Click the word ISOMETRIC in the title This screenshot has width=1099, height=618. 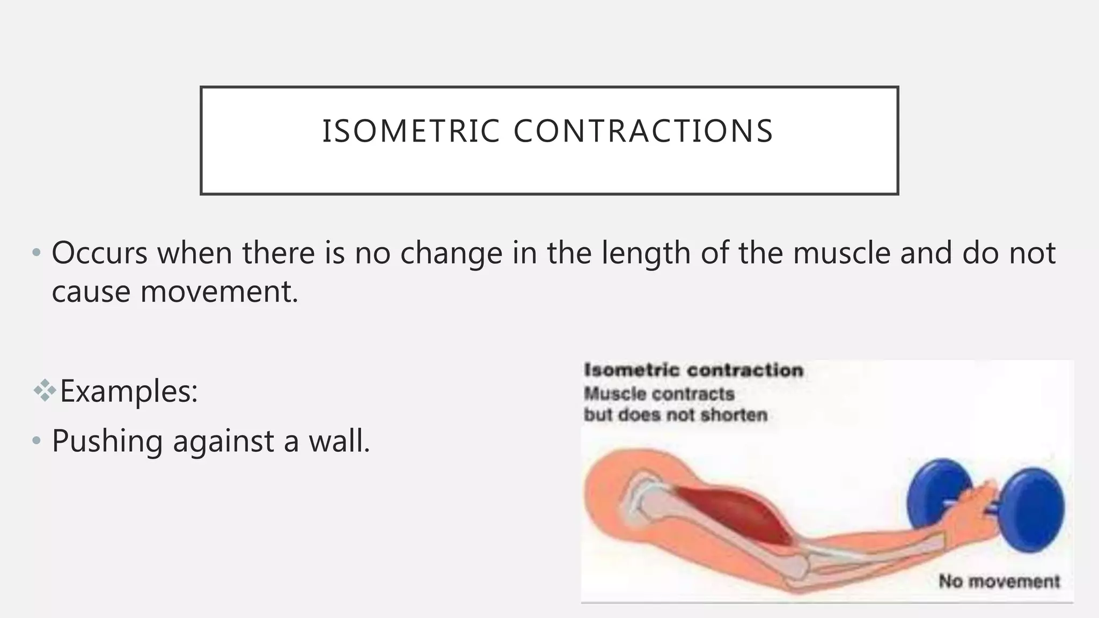(411, 131)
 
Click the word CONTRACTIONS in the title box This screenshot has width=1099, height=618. (643, 131)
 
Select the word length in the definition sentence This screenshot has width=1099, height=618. (646, 254)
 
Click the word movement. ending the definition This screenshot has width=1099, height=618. (219, 292)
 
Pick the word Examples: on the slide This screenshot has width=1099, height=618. (129, 391)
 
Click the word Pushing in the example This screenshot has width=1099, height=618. (107, 442)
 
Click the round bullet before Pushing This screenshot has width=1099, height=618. (36, 442)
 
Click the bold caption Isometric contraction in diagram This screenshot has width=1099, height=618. (693, 370)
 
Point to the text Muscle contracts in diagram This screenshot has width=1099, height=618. (658, 394)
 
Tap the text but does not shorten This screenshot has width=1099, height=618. (675, 415)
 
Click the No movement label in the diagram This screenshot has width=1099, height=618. (999, 581)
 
